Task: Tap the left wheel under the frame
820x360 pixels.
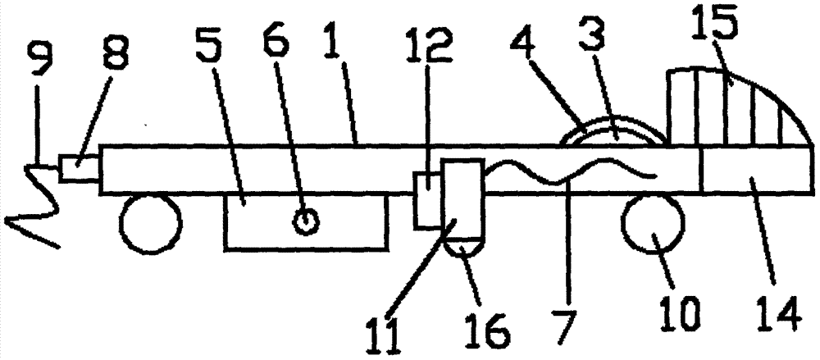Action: [x=151, y=222]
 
